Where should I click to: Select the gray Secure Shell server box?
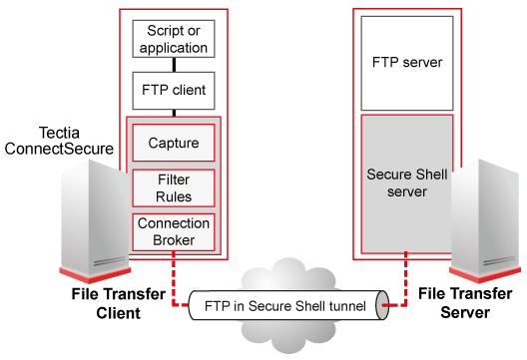pos(407,182)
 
